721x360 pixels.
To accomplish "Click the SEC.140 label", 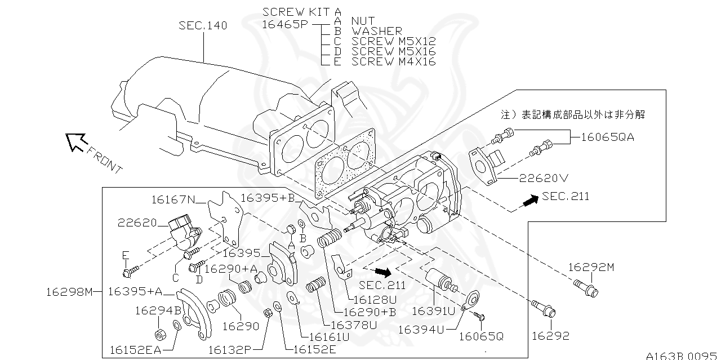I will coord(203,26).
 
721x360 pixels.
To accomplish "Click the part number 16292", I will coord(550,336).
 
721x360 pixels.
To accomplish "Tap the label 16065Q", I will coord(480,336).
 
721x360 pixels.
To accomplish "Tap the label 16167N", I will coord(172,198).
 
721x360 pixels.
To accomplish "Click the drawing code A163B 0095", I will coord(683,355).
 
